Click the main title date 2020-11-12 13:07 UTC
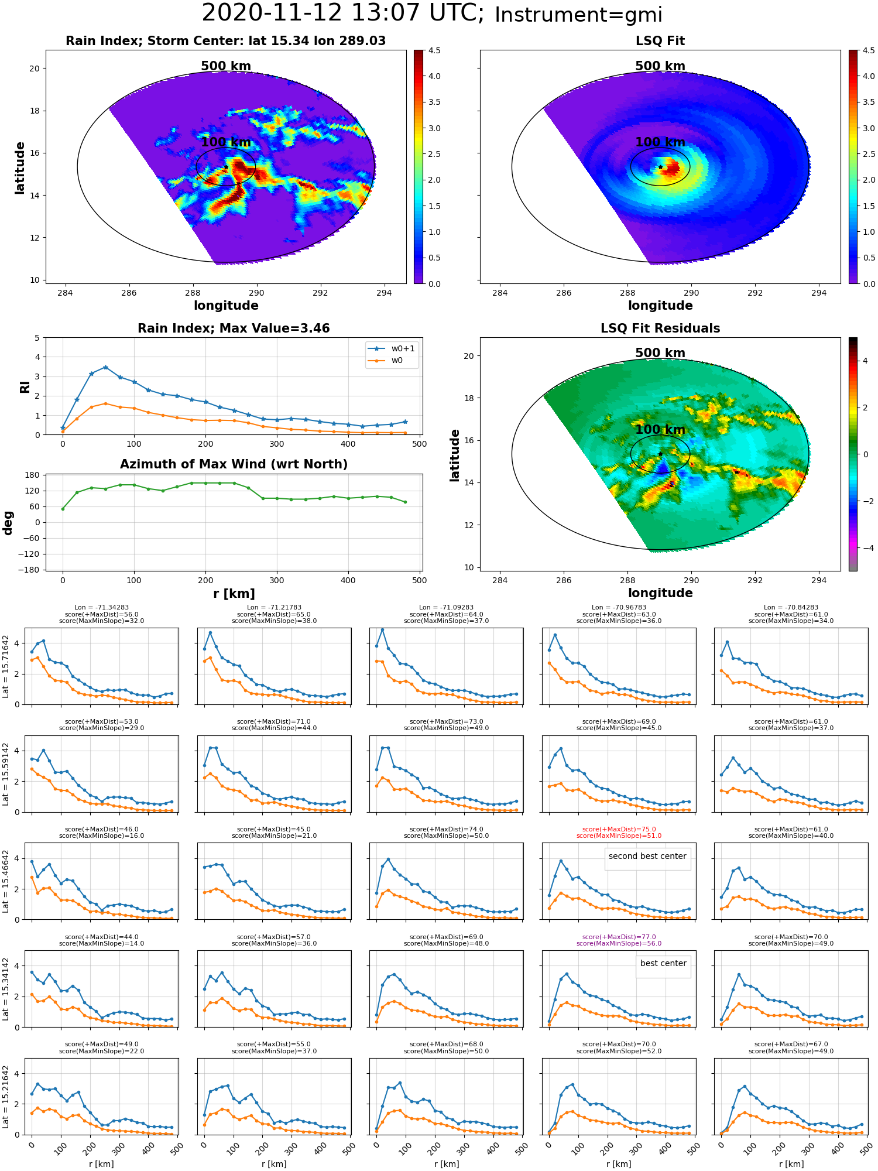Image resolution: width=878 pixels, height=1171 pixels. coord(343,13)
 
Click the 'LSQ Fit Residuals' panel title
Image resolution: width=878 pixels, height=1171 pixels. coord(660,328)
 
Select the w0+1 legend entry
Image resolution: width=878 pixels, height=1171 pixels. coord(392,349)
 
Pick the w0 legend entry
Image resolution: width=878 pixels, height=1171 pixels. coord(386,361)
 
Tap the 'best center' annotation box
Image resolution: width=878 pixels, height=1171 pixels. coord(663,963)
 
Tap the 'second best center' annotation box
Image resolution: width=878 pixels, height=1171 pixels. coord(647,856)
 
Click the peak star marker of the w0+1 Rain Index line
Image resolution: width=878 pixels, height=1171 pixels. coord(105,367)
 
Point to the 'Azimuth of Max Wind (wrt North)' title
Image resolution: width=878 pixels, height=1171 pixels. coord(234,464)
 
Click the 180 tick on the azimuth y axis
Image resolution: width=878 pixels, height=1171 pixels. coord(33,475)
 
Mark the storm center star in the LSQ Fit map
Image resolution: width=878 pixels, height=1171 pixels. coord(660,167)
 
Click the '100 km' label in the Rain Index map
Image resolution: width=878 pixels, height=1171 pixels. coord(226,142)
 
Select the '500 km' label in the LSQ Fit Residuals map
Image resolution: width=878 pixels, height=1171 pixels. coord(660,353)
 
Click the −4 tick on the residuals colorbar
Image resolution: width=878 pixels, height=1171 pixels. coord(865,548)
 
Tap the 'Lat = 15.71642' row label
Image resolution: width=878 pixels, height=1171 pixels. coord(6,666)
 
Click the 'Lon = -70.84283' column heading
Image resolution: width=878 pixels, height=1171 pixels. coord(791,608)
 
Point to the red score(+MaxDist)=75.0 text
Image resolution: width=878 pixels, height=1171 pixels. coord(619,830)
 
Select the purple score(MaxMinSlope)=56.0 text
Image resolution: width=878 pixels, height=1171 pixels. coord(619,943)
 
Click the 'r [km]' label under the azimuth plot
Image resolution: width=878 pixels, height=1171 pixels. coord(234,594)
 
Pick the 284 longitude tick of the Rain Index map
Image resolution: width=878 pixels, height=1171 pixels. coord(65,293)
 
